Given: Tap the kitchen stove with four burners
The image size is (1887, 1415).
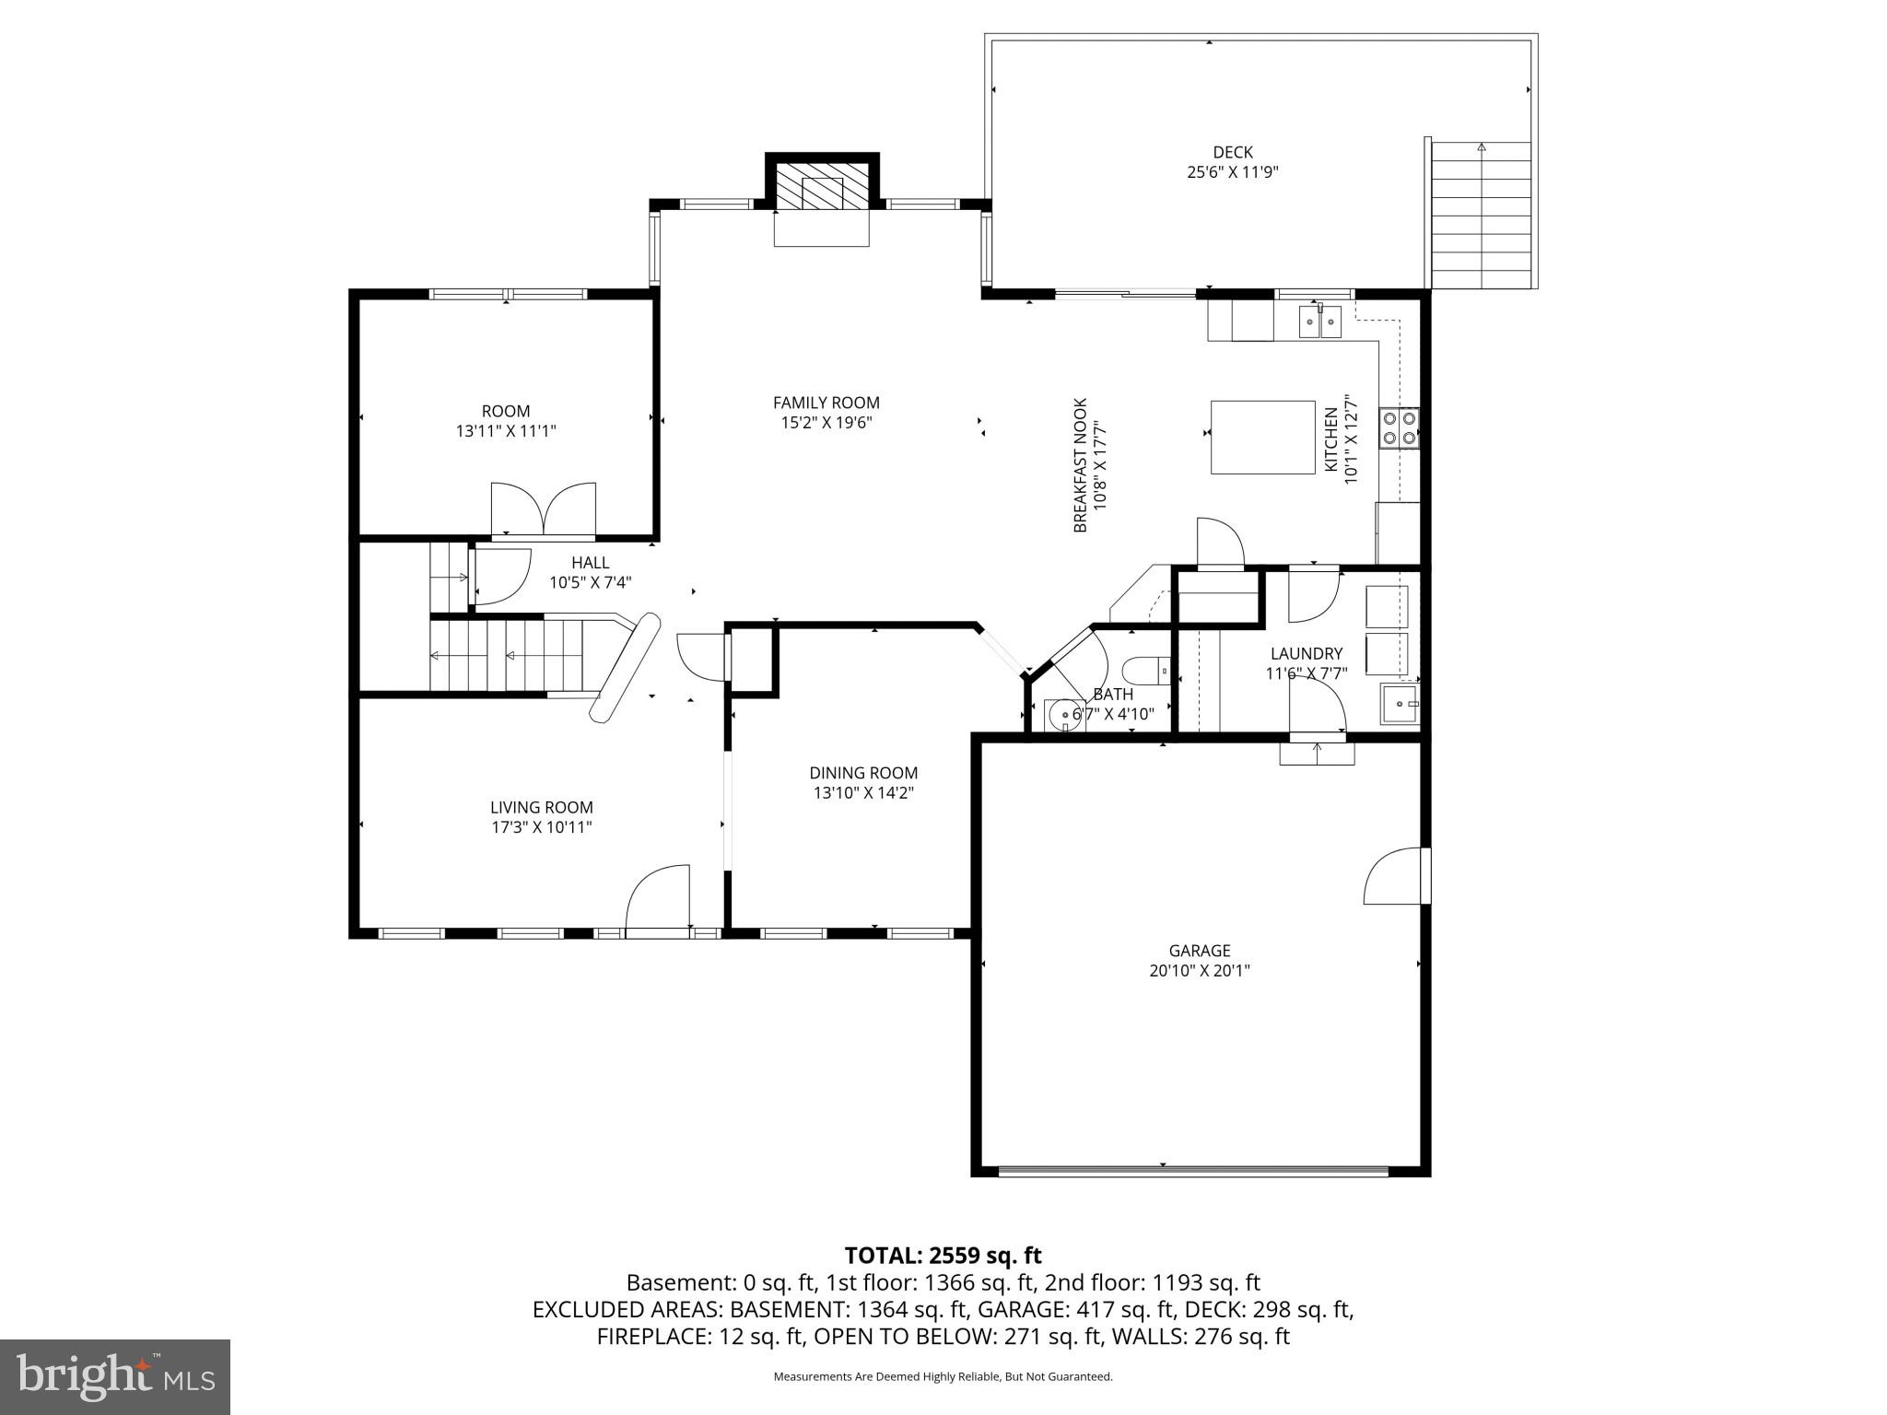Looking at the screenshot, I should pyautogui.click(x=1398, y=428).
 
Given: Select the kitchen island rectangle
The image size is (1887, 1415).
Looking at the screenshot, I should pyautogui.click(x=1262, y=437).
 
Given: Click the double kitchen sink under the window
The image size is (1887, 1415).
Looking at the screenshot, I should pyautogui.click(x=1319, y=322).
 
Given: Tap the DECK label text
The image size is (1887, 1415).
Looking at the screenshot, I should pyautogui.click(x=1232, y=152).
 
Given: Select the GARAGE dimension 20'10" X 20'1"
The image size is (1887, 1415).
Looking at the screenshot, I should pyautogui.click(x=1199, y=970).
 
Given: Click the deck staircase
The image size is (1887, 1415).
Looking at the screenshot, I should pyautogui.click(x=1481, y=216).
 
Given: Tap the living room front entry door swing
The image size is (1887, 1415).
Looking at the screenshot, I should pyautogui.click(x=658, y=899).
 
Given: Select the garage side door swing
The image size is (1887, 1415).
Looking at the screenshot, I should pyautogui.click(x=1394, y=876).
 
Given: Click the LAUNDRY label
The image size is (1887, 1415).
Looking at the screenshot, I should pyautogui.click(x=1306, y=653).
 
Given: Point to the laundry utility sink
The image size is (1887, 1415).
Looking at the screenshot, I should pyautogui.click(x=1399, y=705).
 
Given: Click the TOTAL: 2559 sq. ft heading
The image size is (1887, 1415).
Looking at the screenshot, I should pyautogui.click(x=943, y=1255).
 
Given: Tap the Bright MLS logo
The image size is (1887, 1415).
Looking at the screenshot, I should pyautogui.click(x=115, y=1376).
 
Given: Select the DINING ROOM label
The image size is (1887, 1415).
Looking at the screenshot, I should pyautogui.click(x=863, y=773).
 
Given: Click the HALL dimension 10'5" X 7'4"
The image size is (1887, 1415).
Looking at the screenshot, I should pyautogui.click(x=590, y=582).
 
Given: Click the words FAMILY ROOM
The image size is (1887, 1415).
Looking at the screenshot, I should pyautogui.click(x=826, y=403).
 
